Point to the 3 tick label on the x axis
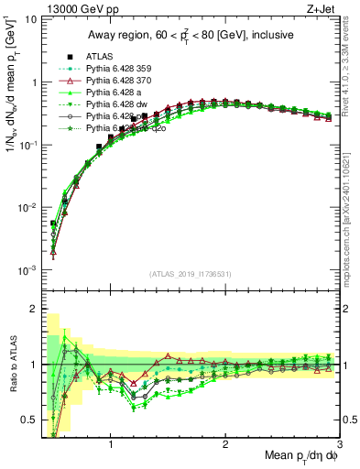[338, 445]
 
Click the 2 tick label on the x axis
[225, 445]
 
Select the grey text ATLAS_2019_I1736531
[190, 273]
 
